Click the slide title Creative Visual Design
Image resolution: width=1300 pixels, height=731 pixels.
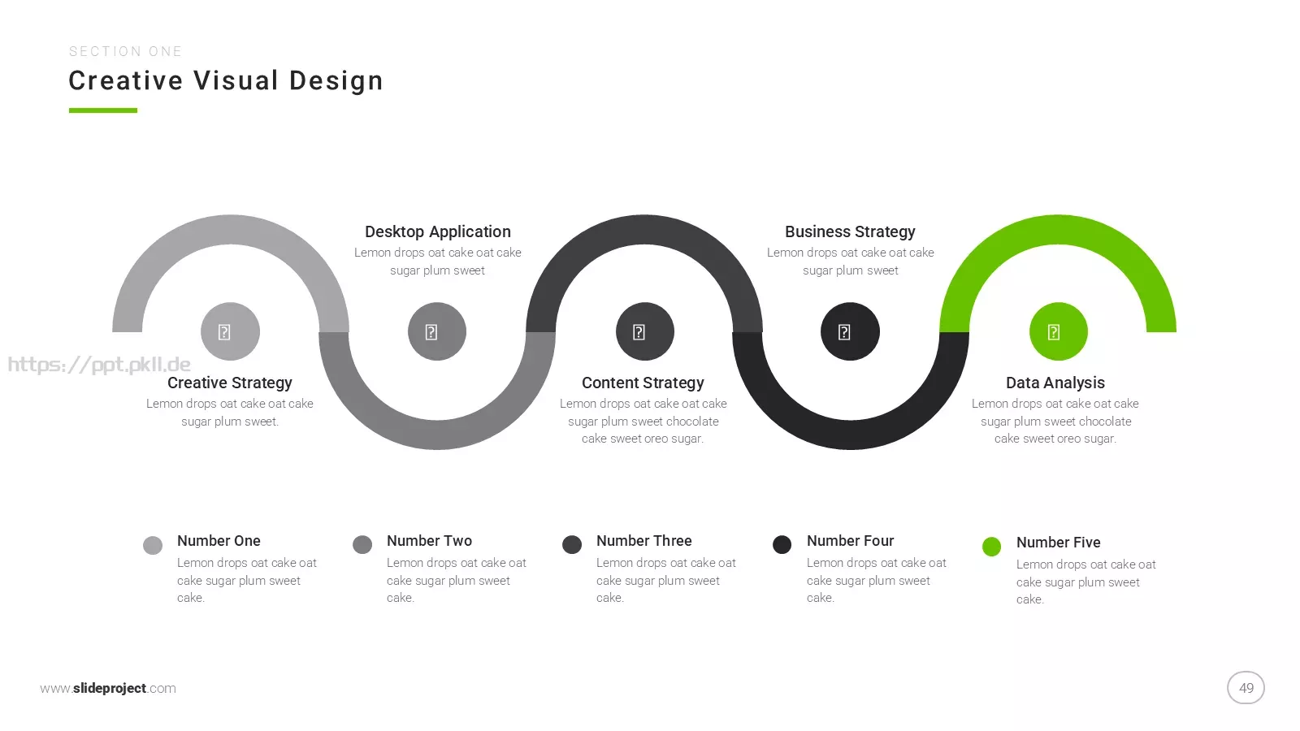click(226, 80)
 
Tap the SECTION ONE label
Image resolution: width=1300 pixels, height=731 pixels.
click(125, 52)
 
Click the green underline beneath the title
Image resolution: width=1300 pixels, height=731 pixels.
click(102, 110)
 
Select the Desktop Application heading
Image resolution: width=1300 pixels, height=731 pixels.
click(438, 232)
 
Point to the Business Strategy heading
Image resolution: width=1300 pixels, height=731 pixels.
click(850, 232)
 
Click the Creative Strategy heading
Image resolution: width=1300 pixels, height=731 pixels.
click(230, 383)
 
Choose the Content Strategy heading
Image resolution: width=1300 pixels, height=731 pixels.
click(643, 383)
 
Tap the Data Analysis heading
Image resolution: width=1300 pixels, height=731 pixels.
click(1055, 383)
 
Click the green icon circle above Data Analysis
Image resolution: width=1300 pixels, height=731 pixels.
click(1058, 331)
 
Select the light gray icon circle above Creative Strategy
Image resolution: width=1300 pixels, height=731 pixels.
click(230, 331)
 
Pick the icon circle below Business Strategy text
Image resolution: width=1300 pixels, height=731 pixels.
click(850, 331)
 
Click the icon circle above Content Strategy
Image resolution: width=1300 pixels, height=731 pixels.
click(645, 331)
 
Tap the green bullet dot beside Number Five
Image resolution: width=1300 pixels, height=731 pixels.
click(991, 547)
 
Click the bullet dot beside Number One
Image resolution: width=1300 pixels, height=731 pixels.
click(153, 545)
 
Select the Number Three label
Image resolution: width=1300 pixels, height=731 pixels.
click(643, 541)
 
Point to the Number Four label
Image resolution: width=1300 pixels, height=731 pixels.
click(850, 541)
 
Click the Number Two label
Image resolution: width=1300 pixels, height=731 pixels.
click(429, 541)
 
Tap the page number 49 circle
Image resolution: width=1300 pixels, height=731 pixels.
click(1246, 687)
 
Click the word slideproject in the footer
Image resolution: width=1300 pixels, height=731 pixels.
click(110, 688)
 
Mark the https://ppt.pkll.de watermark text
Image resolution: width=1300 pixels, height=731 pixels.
click(99, 365)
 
